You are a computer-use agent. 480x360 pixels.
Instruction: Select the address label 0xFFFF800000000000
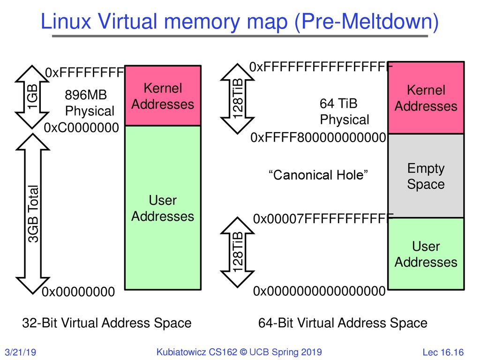point(318,138)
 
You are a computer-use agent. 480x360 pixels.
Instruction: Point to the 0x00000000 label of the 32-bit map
point(78,292)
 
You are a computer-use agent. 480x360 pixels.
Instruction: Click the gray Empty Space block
point(425,176)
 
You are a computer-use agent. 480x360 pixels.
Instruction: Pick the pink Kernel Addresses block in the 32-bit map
point(163,96)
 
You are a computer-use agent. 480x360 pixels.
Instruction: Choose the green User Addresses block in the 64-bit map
point(425,254)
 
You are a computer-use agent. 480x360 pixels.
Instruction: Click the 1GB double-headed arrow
point(33,97)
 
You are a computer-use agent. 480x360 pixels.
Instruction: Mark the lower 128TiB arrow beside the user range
point(239,252)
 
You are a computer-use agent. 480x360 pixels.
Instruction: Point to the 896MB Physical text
point(89,103)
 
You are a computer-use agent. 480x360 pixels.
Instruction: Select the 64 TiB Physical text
point(344,111)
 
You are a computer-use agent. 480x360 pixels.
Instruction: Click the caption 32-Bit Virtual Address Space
point(107,323)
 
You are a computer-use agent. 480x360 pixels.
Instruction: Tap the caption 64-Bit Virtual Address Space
point(343,323)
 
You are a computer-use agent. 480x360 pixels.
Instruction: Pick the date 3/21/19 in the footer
point(21,352)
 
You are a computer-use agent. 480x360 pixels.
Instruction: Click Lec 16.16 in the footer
point(443,352)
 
